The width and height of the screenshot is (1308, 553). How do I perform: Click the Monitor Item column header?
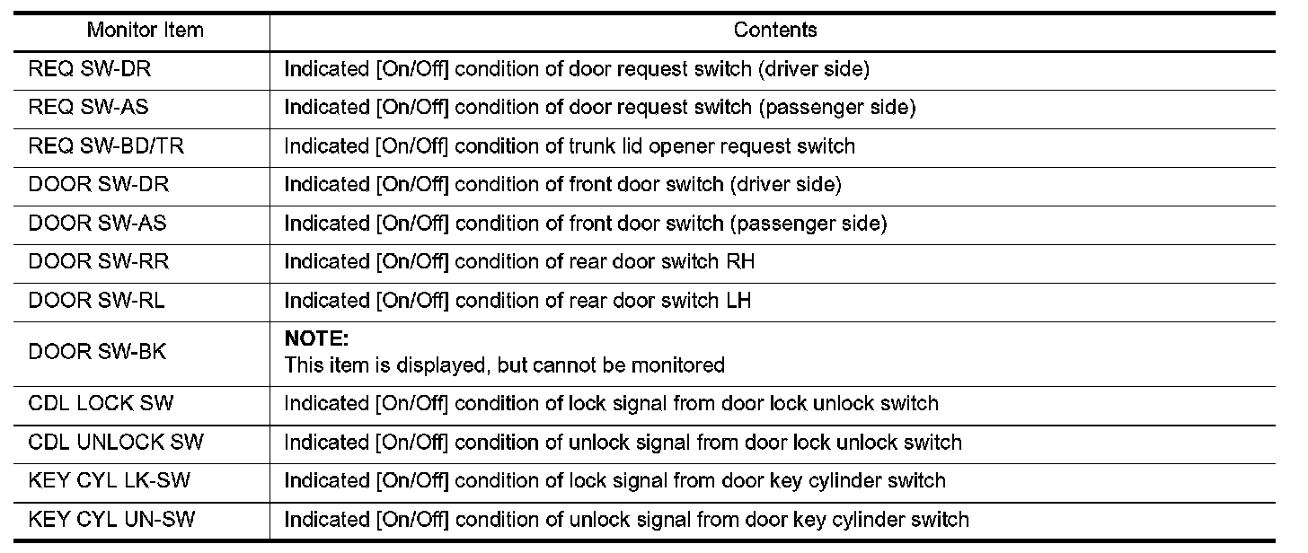[145, 31]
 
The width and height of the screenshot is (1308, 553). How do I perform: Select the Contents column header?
[775, 31]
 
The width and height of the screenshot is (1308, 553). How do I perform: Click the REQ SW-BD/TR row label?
[106, 146]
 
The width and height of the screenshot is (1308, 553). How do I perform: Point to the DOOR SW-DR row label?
[98, 185]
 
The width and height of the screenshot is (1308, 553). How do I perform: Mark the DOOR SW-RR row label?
[98, 262]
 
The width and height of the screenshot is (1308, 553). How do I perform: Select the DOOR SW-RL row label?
[96, 301]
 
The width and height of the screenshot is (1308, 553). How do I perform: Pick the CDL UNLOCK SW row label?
[116, 443]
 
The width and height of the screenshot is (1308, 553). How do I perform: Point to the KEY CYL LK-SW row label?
[110, 481]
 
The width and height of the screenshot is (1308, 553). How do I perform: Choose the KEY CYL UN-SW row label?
[111, 520]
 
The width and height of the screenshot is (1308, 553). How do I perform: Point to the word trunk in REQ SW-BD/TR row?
[595, 146]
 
